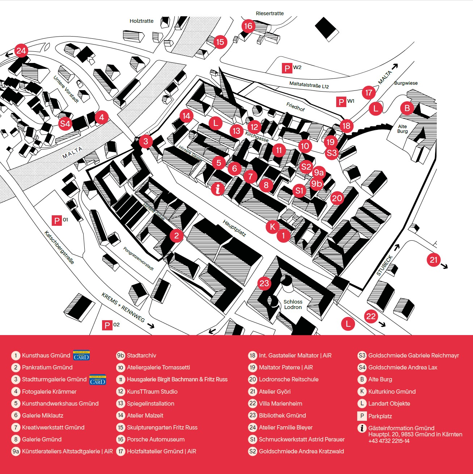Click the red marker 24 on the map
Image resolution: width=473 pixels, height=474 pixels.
(21, 51)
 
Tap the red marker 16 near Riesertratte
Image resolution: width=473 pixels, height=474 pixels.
(248, 26)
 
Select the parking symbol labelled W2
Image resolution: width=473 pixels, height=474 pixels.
(287, 68)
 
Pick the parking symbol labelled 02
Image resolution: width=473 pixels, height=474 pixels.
(107, 325)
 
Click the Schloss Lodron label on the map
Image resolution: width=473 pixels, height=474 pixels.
(293, 304)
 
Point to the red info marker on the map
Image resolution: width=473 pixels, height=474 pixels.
(218, 189)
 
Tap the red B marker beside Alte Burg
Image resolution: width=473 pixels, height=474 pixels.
(407, 108)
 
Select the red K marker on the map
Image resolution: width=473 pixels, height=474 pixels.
(273, 227)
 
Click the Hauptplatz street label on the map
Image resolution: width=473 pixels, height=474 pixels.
(234, 228)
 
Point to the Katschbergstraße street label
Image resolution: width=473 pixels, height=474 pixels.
(59, 247)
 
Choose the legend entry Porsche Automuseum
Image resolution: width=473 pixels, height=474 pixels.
(156, 439)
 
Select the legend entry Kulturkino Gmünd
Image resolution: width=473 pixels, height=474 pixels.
(392, 392)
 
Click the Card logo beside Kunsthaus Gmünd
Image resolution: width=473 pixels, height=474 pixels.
(81, 355)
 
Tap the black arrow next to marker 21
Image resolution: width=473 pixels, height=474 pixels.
(444, 266)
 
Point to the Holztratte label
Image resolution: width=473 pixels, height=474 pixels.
(142, 21)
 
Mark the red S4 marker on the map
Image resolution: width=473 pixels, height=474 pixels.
(65, 124)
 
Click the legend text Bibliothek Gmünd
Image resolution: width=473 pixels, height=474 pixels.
(282, 415)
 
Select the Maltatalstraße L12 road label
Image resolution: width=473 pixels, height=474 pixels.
(309, 85)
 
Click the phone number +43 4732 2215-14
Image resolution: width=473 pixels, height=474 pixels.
(389, 441)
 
